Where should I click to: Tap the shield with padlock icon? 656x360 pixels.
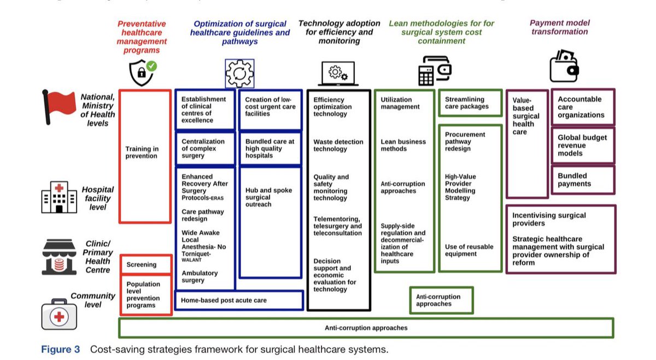pos(143,73)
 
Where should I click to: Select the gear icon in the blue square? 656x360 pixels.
pos(239,73)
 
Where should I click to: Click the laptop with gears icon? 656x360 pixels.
pos(338,73)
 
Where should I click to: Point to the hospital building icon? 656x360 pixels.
pos(59,197)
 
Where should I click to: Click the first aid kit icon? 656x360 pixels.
pos(59,314)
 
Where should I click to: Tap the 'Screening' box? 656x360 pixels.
pos(146,264)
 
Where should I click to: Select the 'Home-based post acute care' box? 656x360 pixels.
pos(239,300)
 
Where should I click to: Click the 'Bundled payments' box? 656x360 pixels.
pos(583,180)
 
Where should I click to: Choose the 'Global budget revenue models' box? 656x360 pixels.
pos(583,145)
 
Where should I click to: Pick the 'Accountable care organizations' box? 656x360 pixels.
pos(583,107)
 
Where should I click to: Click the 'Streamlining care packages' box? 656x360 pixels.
pos(470,103)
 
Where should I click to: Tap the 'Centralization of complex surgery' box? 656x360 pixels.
pos(206,149)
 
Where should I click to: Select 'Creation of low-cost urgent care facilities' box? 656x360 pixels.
pos(270,110)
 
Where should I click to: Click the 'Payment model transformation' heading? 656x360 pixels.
pos(560,27)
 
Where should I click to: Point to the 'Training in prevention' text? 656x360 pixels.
pos(142,152)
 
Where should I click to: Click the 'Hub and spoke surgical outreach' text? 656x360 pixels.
pos(268,197)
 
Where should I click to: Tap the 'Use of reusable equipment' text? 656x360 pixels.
pos(469,250)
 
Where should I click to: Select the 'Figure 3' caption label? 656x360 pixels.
pos(60,349)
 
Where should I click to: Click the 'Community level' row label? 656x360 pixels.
pos(93,300)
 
